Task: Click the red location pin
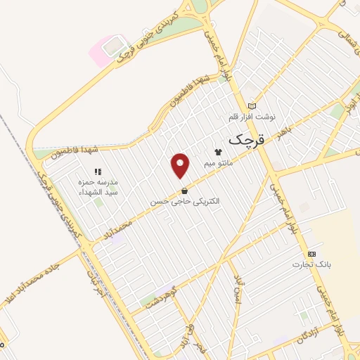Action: (x=181, y=165)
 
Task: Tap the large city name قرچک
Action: (x=247, y=139)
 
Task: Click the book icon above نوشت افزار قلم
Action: (x=253, y=105)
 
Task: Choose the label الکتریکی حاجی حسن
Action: (x=184, y=201)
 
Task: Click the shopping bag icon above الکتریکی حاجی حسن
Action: (x=184, y=190)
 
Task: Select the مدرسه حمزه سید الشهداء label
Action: (x=98, y=186)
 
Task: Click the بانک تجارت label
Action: (x=311, y=265)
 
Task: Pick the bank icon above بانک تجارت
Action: (x=311, y=254)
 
